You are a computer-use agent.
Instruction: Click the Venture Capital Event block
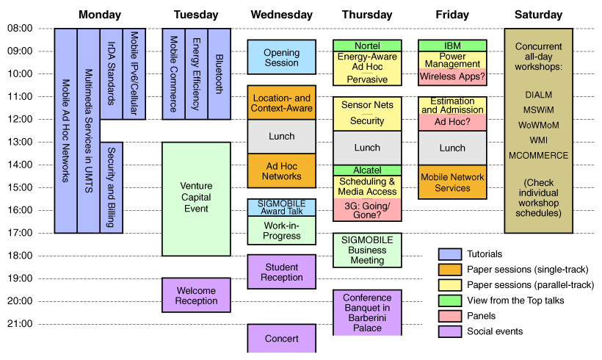point(196,198)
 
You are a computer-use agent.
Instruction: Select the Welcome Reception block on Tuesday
point(196,295)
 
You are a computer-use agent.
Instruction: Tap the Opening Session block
point(281,57)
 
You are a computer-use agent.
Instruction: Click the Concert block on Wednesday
point(281,338)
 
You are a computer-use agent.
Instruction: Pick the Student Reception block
point(281,272)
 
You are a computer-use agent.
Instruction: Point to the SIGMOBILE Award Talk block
point(281,207)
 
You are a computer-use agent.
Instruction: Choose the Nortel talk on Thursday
point(367,46)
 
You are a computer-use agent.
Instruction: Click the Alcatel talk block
point(367,170)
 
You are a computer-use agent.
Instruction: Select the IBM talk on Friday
point(452,46)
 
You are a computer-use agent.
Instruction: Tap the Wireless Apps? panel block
point(452,76)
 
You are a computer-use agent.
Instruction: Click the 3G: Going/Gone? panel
point(367,210)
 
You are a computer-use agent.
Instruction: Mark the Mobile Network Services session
point(452,182)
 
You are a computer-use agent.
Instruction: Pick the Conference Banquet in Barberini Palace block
point(367,312)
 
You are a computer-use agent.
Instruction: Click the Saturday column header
point(538,15)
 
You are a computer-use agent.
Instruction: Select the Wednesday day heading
point(281,15)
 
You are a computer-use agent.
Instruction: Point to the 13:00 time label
point(20,142)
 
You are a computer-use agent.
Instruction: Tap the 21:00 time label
point(20,324)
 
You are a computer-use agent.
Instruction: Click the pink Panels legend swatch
point(449,316)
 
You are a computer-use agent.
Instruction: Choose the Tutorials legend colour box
point(449,254)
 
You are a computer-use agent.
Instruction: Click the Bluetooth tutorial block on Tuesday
point(219,73)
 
